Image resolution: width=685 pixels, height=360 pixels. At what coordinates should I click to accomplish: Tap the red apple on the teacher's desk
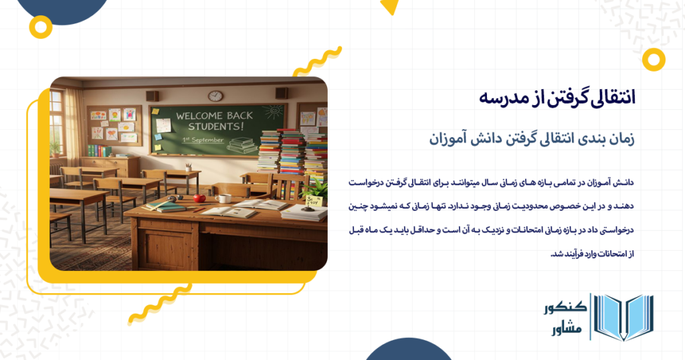pyautogui.click(x=199, y=198)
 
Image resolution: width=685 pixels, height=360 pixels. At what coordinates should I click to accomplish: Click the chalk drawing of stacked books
pyautogui.click(x=241, y=143)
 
